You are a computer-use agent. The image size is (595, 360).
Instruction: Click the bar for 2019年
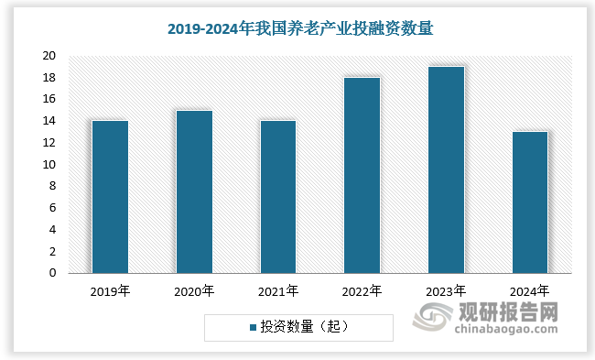coord(110,197)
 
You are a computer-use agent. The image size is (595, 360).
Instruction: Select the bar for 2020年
coord(194,191)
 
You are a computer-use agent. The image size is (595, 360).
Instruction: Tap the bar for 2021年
coord(277,197)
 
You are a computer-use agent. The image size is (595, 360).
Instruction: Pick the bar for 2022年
coord(362,175)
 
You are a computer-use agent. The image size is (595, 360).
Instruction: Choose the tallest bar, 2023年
coord(446,169)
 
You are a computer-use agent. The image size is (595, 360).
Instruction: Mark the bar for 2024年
coord(529,202)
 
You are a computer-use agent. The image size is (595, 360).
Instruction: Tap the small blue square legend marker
coord(253,326)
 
